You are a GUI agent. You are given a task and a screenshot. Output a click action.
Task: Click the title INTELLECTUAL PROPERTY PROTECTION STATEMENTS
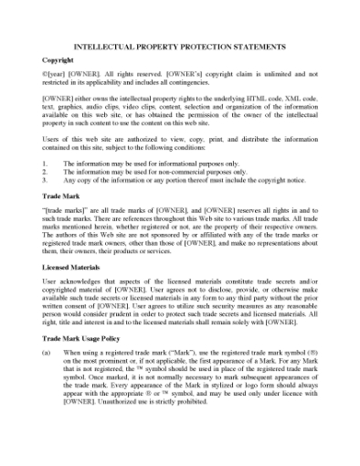pos(180,46)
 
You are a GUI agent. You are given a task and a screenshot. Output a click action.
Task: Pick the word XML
pos(292,94)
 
